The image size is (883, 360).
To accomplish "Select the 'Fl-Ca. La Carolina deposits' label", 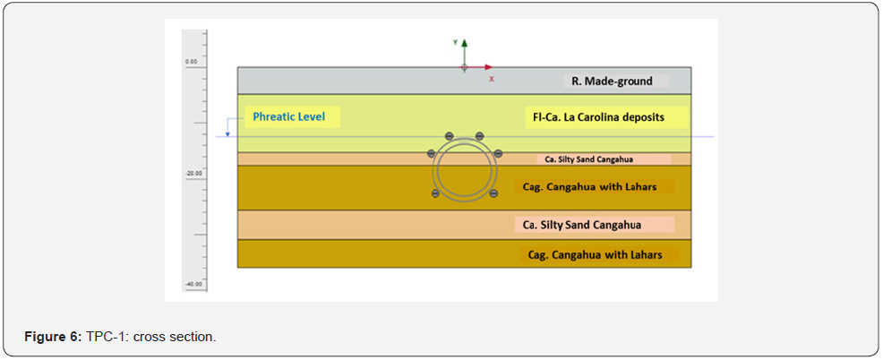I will pos(598,117).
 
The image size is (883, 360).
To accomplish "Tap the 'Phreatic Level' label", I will pos(288,116).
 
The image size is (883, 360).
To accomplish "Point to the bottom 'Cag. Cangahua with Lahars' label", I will pos(595,255).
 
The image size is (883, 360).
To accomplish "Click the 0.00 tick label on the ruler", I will pos(191,62).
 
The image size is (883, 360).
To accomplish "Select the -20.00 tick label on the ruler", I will pos(191,173).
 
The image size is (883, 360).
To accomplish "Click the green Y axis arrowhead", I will pos(464,42).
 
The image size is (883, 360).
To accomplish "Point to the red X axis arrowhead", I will pos(489,67).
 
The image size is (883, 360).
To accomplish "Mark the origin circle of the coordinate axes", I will pos(464,67).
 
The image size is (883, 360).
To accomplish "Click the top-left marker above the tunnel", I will pos(450,136).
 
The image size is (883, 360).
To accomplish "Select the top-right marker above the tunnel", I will pos(480,136).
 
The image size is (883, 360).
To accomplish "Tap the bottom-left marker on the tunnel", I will pos(435,193).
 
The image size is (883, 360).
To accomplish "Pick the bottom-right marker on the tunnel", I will pos(493,193).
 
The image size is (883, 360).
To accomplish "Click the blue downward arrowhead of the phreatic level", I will pos(228,133).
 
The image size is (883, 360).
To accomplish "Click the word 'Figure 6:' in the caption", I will pos(53,337).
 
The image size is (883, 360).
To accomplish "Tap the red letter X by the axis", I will pos(492,79).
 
